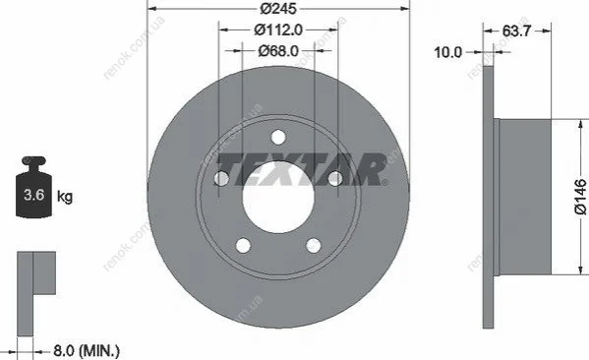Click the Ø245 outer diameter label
pyautogui.click(x=278, y=8)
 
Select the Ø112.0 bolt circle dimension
pyautogui.click(x=278, y=30)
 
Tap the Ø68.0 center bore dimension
pyautogui.click(x=278, y=50)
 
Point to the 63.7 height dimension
pyautogui.click(x=516, y=30)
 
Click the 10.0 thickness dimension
pyautogui.click(x=447, y=52)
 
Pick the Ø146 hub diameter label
pyautogui.click(x=580, y=197)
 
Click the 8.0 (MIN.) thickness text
pyautogui.click(x=87, y=351)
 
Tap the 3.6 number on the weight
pyautogui.click(x=33, y=195)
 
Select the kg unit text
pyautogui.click(x=65, y=197)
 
